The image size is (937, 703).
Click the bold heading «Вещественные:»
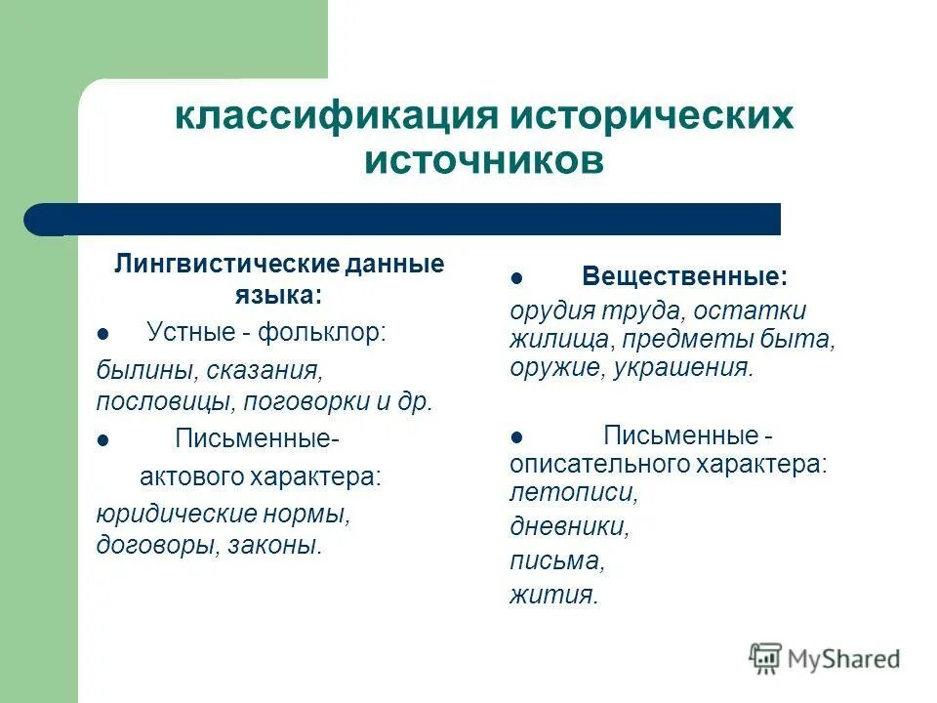pyautogui.click(x=684, y=276)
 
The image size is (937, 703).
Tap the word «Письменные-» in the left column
pyautogui.click(x=257, y=438)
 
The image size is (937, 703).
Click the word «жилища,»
pyautogui.click(x=556, y=339)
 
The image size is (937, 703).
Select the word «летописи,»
pyautogui.click(x=573, y=492)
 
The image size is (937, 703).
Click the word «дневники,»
pyautogui.click(x=569, y=526)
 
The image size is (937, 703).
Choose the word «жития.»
pyautogui.click(x=553, y=594)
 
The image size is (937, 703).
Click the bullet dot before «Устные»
pyautogui.click(x=102, y=335)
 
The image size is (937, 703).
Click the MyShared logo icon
pyautogui.click(x=765, y=658)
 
